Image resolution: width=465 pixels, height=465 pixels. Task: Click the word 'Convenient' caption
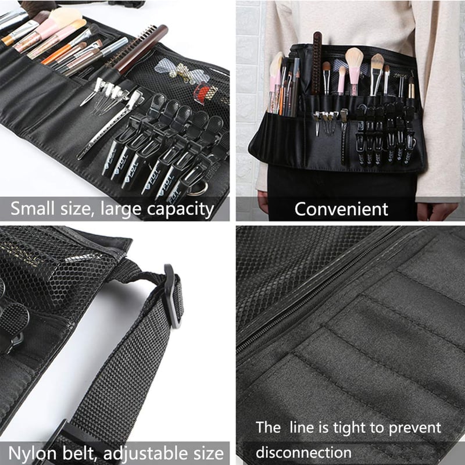click(341, 209)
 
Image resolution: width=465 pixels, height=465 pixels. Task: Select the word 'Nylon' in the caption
click(32, 454)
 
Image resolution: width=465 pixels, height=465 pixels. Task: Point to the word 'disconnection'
click(303, 453)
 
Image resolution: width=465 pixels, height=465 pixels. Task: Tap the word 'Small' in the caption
click(34, 209)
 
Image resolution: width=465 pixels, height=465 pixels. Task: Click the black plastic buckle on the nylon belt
click(173, 296)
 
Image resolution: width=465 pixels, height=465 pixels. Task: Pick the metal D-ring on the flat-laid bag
click(198, 188)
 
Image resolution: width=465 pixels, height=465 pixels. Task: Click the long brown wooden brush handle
click(139, 51)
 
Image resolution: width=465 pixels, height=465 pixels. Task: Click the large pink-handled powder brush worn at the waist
click(354, 70)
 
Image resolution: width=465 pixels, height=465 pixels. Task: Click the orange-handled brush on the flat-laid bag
click(64, 52)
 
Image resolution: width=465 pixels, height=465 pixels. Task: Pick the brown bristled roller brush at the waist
click(317, 63)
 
